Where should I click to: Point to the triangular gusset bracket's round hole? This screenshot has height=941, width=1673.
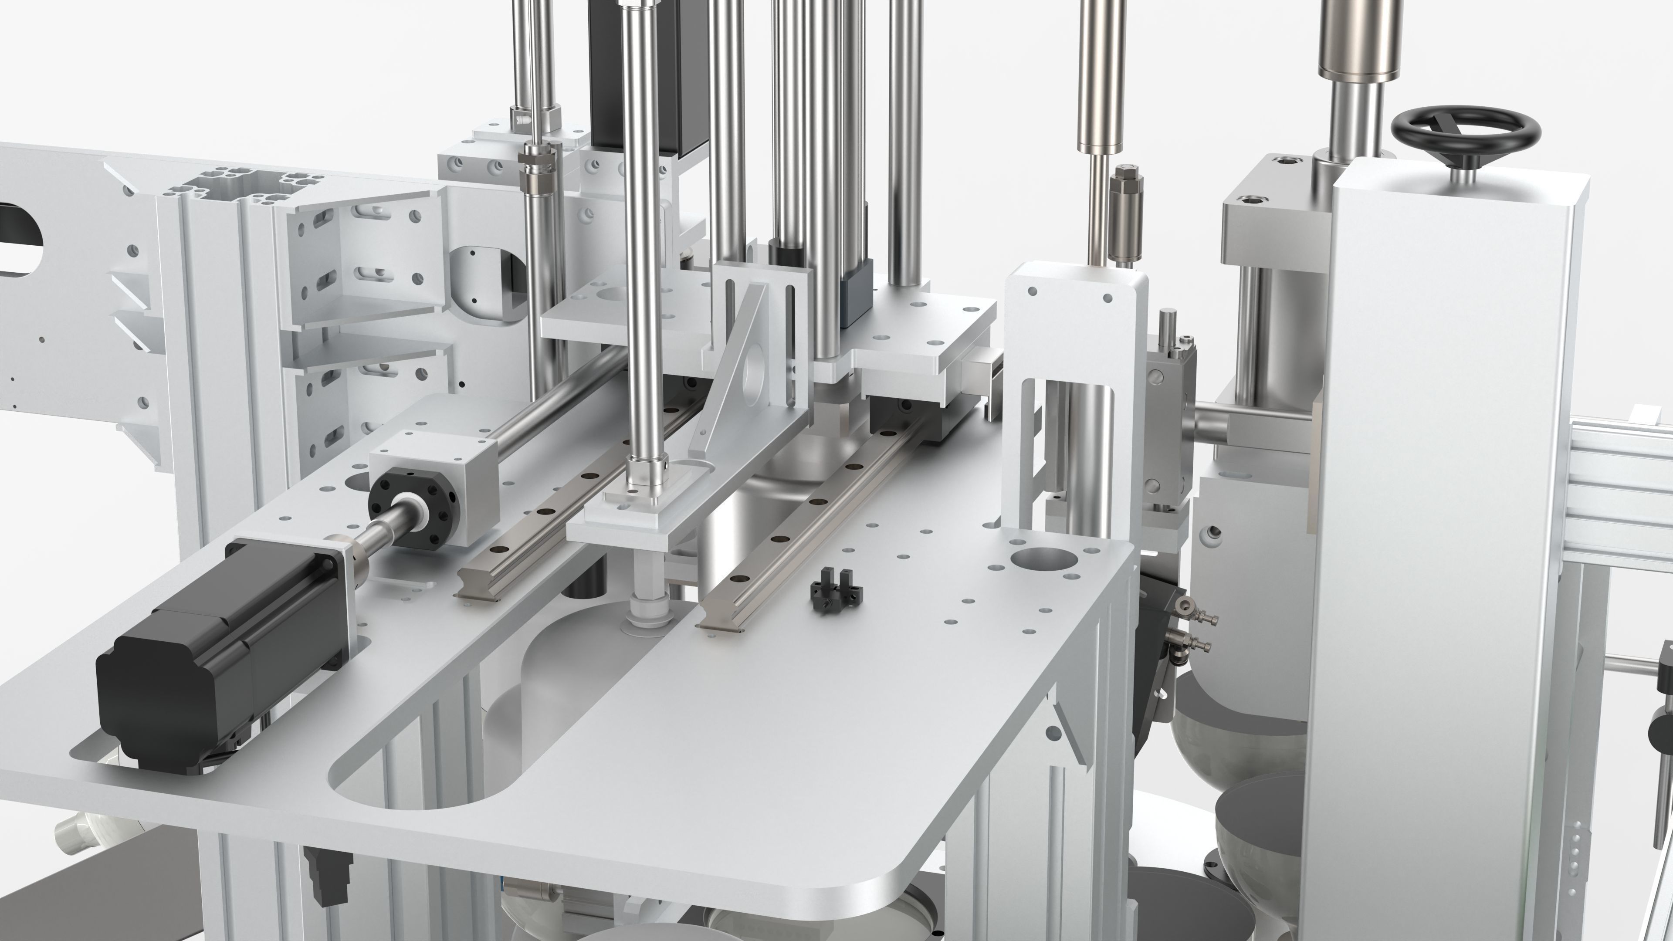pos(753,370)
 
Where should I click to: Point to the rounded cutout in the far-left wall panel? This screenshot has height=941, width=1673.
pos(20,240)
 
